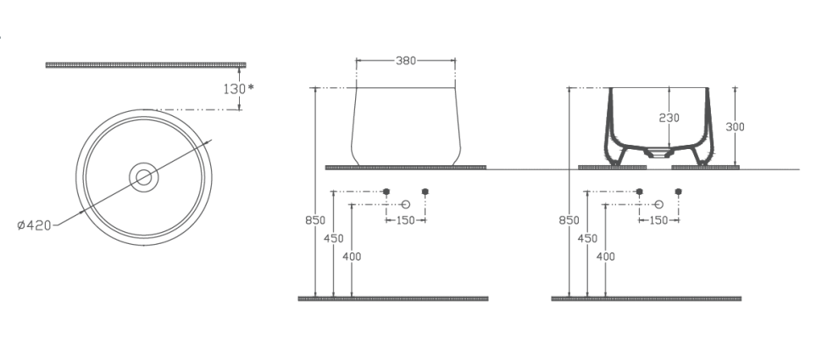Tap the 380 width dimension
(x=405, y=61)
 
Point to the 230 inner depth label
(x=669, y=118)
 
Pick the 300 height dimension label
(x=735, y=126)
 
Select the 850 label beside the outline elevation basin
(x=314, y=220)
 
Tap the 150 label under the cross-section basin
(x=659, y=220)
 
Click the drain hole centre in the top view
(x=144, y=177)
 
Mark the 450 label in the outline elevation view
(x=334, y=239)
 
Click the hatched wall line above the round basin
(x=145, y=64)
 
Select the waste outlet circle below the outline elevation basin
(x=405, y=204)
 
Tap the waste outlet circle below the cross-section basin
(x=659, y=204)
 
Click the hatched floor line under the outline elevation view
(x=393, y=298)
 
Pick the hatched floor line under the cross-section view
(x=647, y=298)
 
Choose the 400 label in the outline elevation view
(x=353, y=256)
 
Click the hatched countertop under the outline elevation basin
(x=405, y=167)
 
